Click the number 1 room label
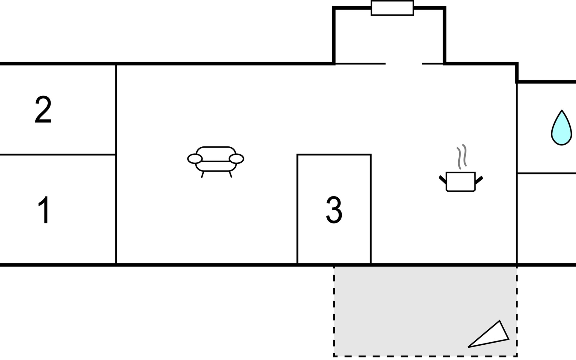[x=44, y=210]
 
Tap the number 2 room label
[x=43, y=110]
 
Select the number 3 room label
[x=334, y=210]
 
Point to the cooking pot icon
[x=460, y=181]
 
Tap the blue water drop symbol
[x=561, y=129]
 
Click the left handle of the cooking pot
[x=442, y=179]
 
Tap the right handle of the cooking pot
[x=479, y=180]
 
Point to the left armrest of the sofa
[x=195, y=159]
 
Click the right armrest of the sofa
[x=236, y=159]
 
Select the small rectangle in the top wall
[x=392, y=8]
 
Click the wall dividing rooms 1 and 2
[x=58, y=154]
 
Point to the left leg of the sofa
[x=202, y=175]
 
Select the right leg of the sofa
[x=230, y=175]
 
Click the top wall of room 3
[x=334, y=154]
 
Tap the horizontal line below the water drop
[x=546, y=173]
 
